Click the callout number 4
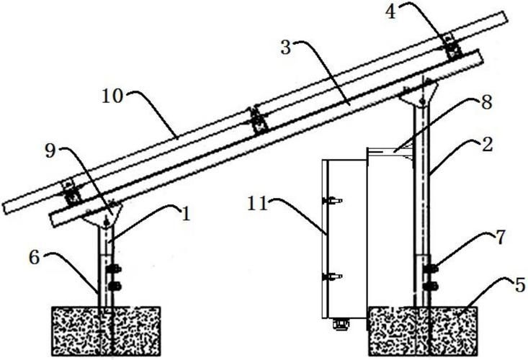pos(390,12)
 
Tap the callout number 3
pos(286,48)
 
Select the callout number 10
pos(112,96)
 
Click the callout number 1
pos(186,213)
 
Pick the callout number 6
pos(35,258)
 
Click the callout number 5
pos(520,285)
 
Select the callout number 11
pos(258,204)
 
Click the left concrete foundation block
pos(106,330)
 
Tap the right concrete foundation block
pos(423,330)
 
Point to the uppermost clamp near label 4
pos(452,46)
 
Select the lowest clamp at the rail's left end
pos(72,192)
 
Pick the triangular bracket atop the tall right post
pos(419,93)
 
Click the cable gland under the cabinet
pos(341,324)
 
